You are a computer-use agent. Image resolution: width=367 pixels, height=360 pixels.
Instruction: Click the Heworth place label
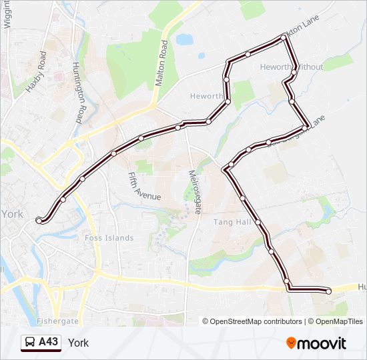[206, 96]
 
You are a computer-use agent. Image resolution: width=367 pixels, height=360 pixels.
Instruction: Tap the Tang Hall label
[231, 222]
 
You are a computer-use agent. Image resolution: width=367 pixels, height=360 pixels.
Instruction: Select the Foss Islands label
[109, 238]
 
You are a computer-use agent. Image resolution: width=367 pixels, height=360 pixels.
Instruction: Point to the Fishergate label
[58, 321]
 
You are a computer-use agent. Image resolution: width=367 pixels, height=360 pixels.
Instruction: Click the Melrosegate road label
[194, 191]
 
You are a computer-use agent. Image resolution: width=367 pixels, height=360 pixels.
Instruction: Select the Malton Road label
[161, 63]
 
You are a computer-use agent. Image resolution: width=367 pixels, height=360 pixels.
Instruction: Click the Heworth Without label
[291, 67]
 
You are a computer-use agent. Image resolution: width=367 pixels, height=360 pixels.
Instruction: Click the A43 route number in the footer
[48, 342]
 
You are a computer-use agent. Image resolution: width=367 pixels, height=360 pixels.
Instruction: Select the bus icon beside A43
[30, 343]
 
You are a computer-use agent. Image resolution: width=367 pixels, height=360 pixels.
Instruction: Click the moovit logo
[316, 343]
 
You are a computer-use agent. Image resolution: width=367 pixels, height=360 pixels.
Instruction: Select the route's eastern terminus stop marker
[328, 291]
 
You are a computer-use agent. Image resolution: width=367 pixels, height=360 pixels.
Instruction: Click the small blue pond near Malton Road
[185, 39]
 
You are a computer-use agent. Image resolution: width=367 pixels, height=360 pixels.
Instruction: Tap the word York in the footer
[78, 343]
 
